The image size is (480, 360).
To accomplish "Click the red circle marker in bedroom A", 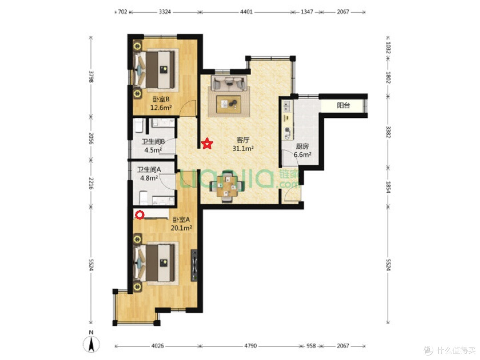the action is (140, 215).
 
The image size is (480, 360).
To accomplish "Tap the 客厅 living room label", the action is (243, 140).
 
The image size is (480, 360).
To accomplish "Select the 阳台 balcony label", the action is (344, 105).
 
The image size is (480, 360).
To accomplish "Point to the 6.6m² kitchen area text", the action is (303, 155).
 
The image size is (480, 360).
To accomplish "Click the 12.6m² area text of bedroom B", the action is (161, 108).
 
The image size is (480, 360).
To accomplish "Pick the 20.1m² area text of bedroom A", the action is (181, 228).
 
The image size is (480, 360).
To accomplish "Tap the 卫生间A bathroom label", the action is (149, 169).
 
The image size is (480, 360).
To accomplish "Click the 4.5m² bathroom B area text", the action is (153, 150).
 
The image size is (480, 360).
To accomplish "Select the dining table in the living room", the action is (227, 187).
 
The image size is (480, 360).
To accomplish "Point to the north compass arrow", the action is (91, 344).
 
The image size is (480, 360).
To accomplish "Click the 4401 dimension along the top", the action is (246, 12).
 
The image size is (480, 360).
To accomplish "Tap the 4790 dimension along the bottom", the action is (250, 346).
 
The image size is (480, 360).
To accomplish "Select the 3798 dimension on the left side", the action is (91, 77).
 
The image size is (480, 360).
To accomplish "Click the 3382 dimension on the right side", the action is (388, 132).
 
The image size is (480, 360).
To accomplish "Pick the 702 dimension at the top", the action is (122, 12).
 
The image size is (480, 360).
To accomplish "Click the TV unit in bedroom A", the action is (194, 265).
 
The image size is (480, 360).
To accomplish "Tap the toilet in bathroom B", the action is (138, 126).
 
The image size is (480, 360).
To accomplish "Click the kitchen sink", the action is (287, 106).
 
